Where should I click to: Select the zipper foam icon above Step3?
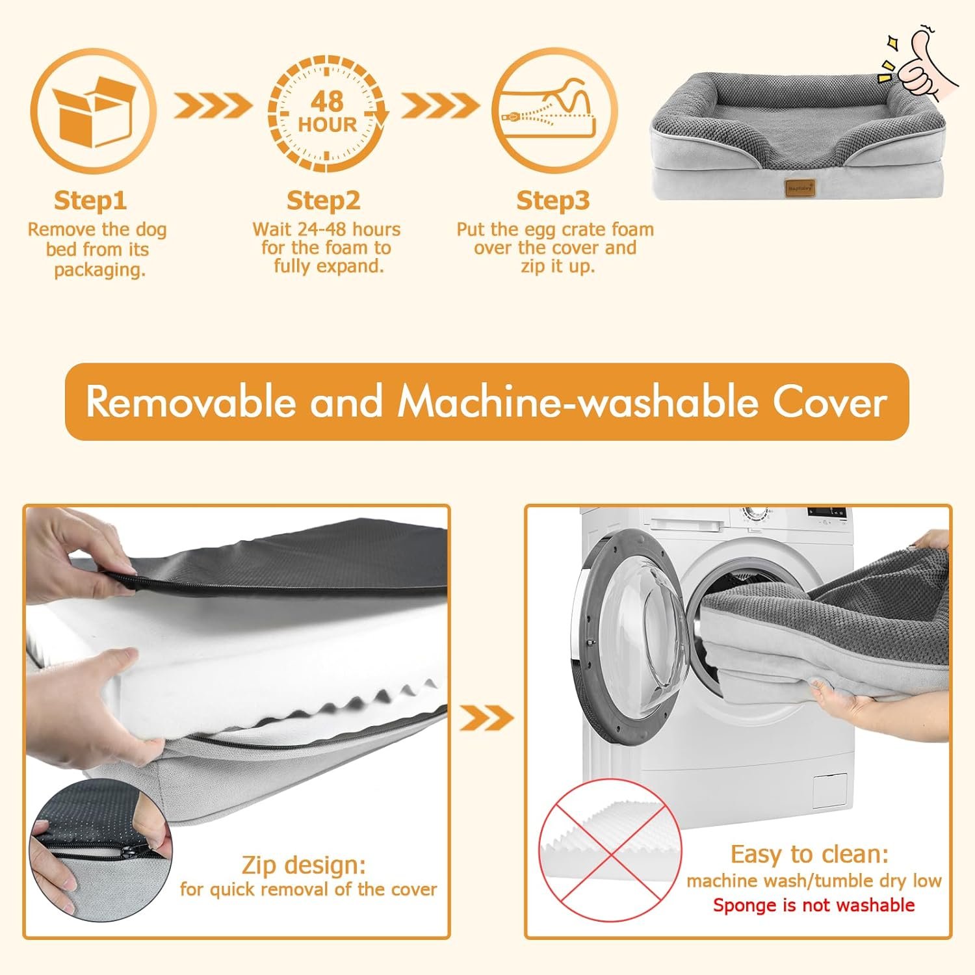click(x=554, y=110)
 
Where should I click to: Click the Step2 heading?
click(x=323, y=200)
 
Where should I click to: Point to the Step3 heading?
click(x=553, y=200)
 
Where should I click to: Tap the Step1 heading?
click(x=90, y=200)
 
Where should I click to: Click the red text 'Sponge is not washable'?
click(x=814, y=905)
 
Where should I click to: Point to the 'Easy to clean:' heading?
click(x=809, y=853)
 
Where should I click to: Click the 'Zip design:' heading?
click(x=304, y=865)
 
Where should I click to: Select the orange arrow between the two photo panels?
click(x=487, y=718)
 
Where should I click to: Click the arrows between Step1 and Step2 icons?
click(x=212, y=105)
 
